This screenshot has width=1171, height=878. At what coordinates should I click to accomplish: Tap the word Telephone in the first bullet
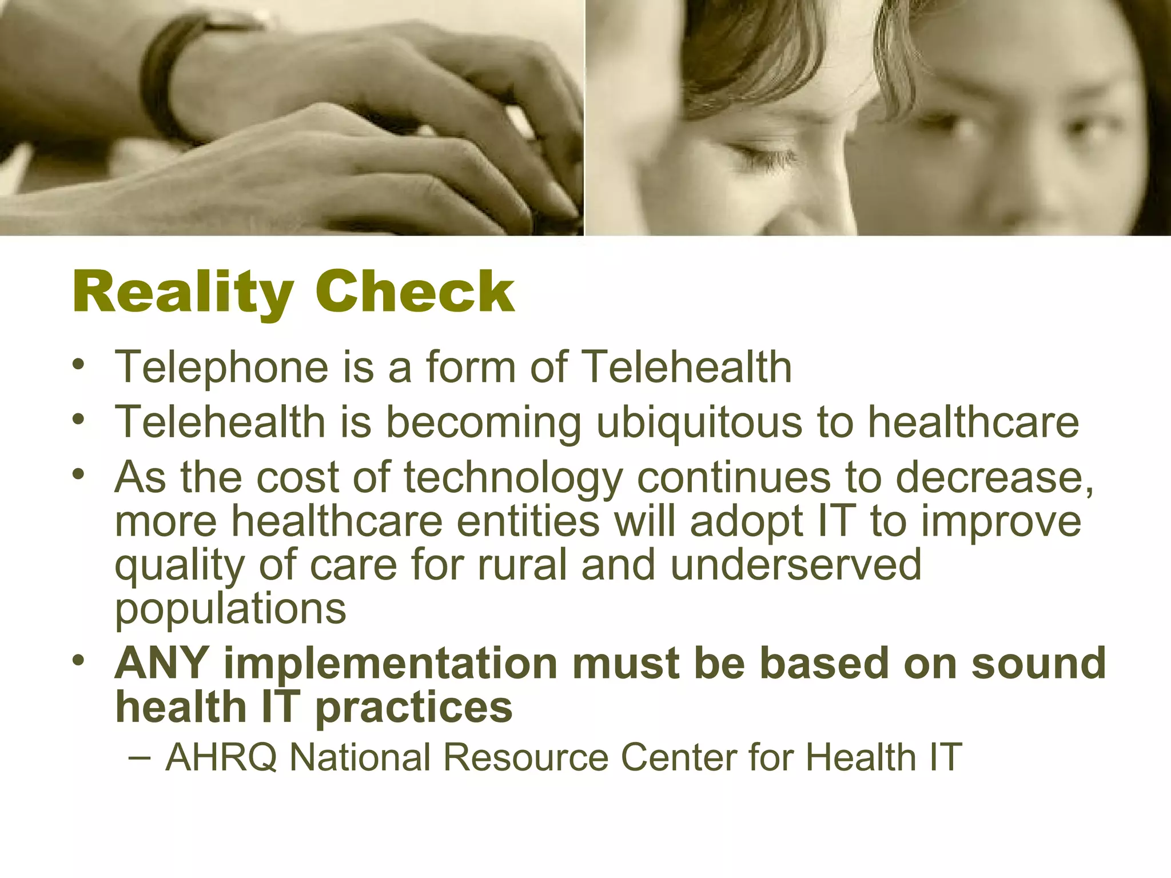(221, 367)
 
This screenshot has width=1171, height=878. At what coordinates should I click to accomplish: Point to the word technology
(513, 478)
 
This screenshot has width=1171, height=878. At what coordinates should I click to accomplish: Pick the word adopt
(747, 522)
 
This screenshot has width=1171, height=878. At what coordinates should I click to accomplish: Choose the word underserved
(796, 565)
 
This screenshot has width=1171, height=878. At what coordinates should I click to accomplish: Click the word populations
(230, 609)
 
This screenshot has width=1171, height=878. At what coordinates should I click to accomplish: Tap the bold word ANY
(161, 663)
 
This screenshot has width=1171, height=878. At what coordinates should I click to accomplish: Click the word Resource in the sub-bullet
(525, 757)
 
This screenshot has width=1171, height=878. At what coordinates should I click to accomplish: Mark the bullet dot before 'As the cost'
(78, 474)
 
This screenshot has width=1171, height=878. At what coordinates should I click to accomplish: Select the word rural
(522, 565)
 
